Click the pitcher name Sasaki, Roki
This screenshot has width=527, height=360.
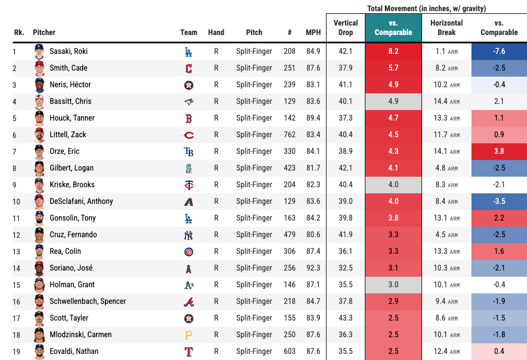click(x=69, y=51)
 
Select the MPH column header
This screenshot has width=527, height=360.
click(x=313, y=32)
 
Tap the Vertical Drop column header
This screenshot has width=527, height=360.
click(x=345, y=28)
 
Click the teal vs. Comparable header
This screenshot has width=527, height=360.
click(x=393, y=28)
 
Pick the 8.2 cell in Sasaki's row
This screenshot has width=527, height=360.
click(x=393, y=51)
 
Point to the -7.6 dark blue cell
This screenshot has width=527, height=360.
click(x=499, y=51)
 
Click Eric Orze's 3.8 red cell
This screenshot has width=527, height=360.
click(x=499, y=151)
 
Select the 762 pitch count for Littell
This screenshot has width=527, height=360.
click(x=289, y=134)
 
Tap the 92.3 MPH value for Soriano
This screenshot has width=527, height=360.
click(x=313, y=268)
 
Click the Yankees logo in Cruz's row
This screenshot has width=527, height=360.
click(x=189, y=234)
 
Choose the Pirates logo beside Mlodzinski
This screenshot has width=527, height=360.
click(x=189, y=334)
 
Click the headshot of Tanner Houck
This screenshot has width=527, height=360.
click(x=39, y=118)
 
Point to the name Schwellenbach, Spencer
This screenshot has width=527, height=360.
click(x=88, y=301)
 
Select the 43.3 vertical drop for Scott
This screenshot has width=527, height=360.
click(x=345, y=318)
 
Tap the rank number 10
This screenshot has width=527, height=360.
click(x=16, y=201)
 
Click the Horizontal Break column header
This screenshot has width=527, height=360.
click(x=446, y=28)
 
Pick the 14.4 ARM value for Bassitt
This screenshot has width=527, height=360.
click(x=446, y=101)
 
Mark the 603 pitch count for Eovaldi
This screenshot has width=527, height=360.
click(x=289, y=351)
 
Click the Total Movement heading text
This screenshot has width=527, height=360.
click(x=426, y=8)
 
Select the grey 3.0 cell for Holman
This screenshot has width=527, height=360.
click(x=393, y=284)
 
